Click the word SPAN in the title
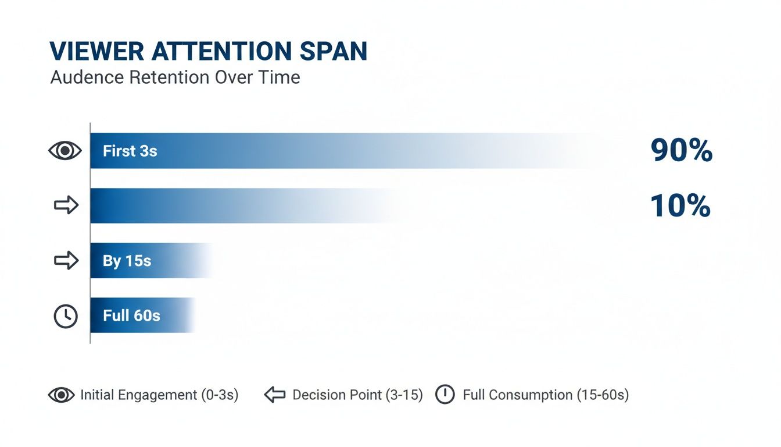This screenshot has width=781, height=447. tap(334, 51)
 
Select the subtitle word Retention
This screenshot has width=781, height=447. tap(164, 77)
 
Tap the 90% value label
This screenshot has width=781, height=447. tap(681, 151)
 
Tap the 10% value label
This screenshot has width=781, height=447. tap(680, 206)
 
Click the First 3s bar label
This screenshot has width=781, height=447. tap(130, 151)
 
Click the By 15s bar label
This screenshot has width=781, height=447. tap(127, 261)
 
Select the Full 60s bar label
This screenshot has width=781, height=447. tap(131, 315)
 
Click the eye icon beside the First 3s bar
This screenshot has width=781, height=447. tap(65, 151)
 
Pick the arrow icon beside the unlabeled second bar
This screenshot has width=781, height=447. tap(66, 205)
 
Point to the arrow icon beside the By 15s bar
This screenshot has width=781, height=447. tap(66, 261)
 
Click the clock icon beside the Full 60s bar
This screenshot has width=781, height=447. tap(65, 316)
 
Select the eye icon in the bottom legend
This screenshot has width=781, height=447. tap(61, 395)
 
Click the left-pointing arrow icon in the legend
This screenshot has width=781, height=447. tap(274, 395)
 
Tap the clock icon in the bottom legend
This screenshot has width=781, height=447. tap(445, 395)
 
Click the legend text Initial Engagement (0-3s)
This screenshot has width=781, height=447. tap(159, 395)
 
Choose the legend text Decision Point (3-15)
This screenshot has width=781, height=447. tap(357, 395)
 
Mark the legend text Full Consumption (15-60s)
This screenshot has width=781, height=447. tap(546, 395)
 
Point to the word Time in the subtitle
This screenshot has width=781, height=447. tap(280, 77)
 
